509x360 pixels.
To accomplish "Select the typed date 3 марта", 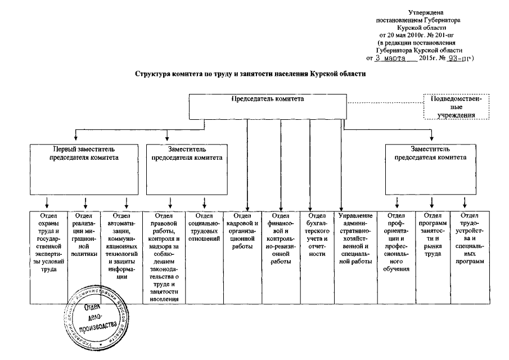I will point(390,58).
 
